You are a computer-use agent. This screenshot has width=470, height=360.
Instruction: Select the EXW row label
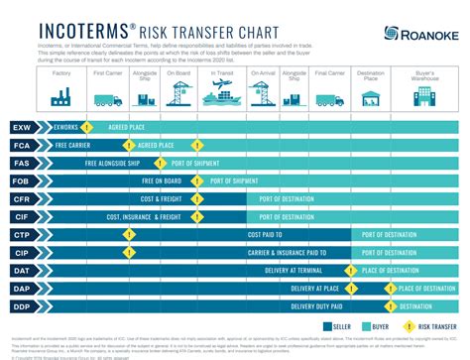[22, 128]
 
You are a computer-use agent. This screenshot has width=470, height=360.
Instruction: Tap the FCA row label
[22, 146]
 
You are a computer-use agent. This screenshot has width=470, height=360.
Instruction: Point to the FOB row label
[22, 180]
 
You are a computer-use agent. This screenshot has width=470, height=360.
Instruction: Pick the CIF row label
[22, 216]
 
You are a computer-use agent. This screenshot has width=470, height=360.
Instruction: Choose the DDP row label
[22, 305]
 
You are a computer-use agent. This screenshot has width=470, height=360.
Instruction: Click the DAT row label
[22, 270]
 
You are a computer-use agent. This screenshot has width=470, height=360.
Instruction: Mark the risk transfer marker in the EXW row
[87, 128]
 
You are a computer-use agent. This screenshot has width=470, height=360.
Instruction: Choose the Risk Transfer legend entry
[424, 324]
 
